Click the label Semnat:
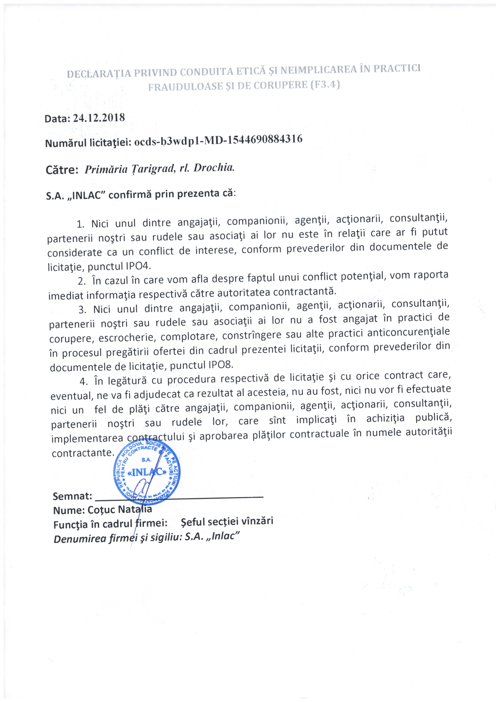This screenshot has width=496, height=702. coord(72,496)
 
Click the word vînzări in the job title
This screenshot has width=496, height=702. coord(257,521)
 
